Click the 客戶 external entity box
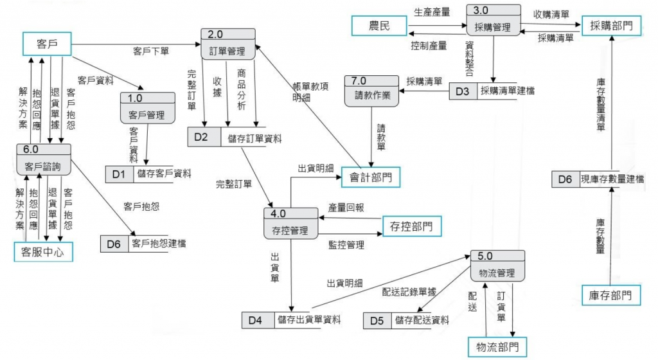click(44, 44)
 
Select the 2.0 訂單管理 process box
click(227, 45)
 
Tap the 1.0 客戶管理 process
click(148, 109)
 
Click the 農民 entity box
click(379, 26)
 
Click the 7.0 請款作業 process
click(371, 91)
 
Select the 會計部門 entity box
click(371, 177)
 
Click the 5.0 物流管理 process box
click(497, 266)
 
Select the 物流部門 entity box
click(498, 346)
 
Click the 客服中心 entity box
click(43, 251)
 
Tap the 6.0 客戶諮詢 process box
click(43, 159)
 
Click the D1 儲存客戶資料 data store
click(150, 174)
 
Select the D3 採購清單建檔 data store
click(492, 91)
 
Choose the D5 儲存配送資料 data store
click(407, 320)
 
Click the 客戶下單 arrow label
click(151, 50)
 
